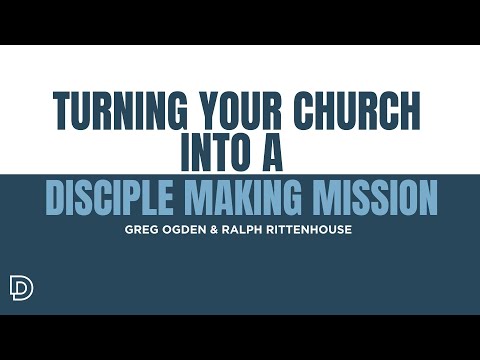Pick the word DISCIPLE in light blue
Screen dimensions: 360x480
click(110, 198)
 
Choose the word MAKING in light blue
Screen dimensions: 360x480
click(248, 198)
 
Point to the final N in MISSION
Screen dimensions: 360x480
click(428, 198)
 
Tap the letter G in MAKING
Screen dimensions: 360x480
click(296, 198)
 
